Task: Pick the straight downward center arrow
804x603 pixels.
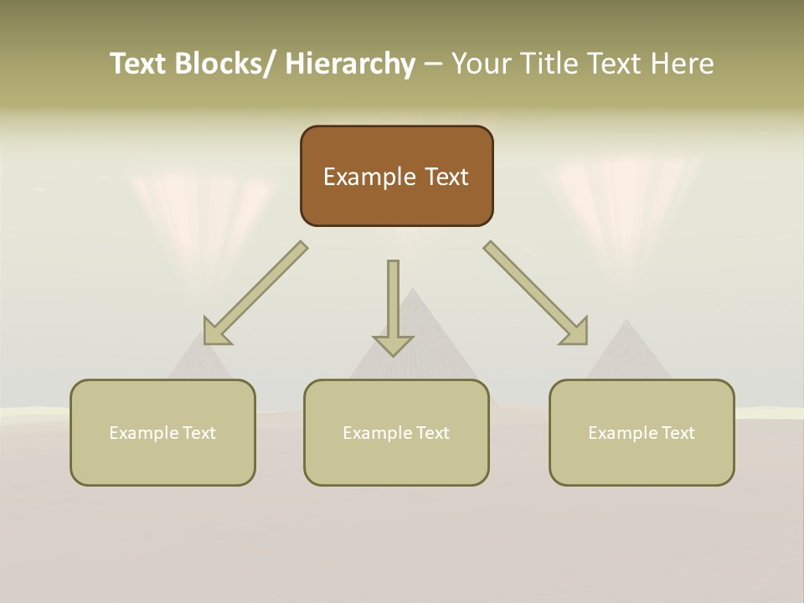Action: point(393,307)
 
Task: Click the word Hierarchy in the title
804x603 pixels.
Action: point(350,64)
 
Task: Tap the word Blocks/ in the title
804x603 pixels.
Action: point(225,64)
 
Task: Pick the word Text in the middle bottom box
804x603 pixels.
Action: point(431,433)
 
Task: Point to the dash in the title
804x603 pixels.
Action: point(433,64)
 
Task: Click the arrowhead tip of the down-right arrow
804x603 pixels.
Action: point(585,343)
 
